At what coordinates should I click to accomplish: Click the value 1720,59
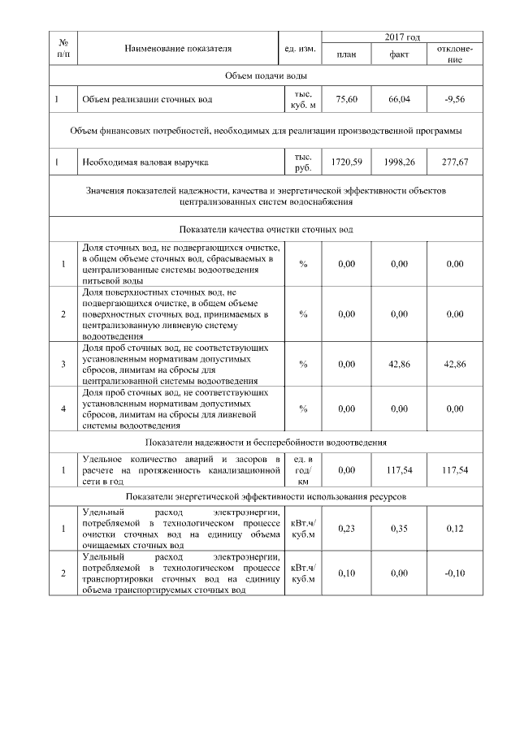(347, 162)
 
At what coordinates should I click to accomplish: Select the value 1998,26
(399, 162)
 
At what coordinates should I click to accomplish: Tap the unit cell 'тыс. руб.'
(302, 162)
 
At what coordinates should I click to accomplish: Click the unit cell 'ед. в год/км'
(302, 470)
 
